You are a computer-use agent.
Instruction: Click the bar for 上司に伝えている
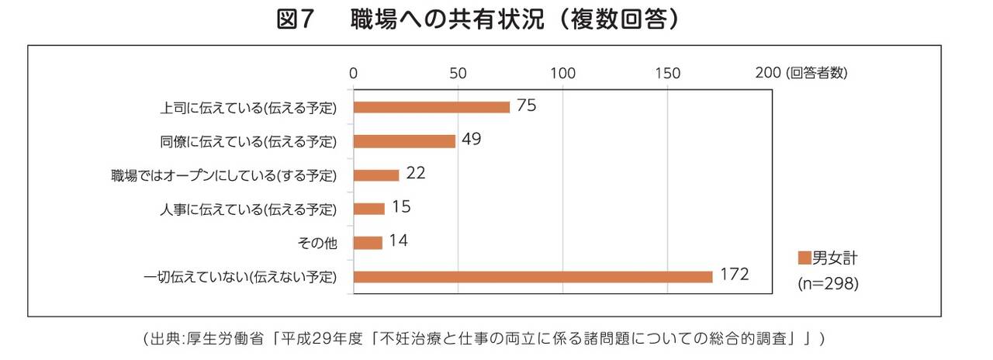coord(431,107)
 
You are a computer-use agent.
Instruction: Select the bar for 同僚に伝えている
coord(404,141)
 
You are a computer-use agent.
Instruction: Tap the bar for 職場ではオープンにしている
coord(376,175)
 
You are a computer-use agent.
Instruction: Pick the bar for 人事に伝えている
coord(369,209)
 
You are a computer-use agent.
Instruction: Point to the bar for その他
coord(368,243)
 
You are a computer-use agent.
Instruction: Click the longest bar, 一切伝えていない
coord(533,277)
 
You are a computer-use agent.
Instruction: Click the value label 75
coord(526,106)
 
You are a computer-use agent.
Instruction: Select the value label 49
coord(471,140)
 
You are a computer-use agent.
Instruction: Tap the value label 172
coord(733,275)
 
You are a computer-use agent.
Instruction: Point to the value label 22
coord(416,173)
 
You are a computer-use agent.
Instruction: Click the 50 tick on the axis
coord(458,74)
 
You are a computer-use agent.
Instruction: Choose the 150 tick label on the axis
coord(667,74)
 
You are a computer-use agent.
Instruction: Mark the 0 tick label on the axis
coord(353,74)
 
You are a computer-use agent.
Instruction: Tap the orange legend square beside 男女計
coord(804,258)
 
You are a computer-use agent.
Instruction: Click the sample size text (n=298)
coord(828,284)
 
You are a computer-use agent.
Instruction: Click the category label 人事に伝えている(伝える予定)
coord(248,209)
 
